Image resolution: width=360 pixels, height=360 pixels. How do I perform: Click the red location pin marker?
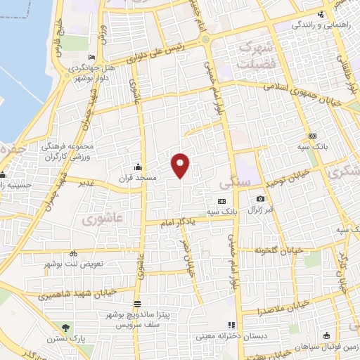(x=181, y=165)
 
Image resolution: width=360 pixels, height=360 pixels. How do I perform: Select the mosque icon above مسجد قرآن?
(x=138, y=167)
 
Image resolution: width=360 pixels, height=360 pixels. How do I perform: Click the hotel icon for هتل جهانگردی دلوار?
(x=91, y=58)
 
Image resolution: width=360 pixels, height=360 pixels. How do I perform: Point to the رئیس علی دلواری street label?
(x=164, y=50)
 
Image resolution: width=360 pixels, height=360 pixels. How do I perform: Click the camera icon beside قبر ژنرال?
(x=260, y=199)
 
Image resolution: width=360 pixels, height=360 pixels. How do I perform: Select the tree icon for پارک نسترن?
(x=67, y=328)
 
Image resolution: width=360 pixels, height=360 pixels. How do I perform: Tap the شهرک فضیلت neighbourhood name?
(x=254, y=54)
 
